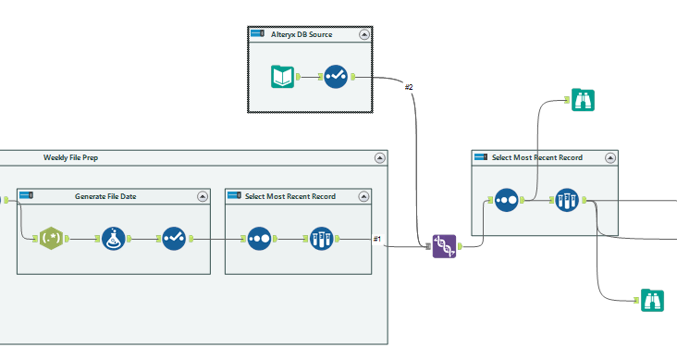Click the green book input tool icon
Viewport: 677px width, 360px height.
[283, 77]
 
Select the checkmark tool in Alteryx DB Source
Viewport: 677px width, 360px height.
[336, 77]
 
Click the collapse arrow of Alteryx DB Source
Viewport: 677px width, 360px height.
[364, 34]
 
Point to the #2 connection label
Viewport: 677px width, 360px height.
[408, 87]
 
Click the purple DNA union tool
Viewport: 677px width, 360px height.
[445, 246]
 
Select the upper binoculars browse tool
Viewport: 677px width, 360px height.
[583, 100]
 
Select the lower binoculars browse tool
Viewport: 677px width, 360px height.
[654, 299]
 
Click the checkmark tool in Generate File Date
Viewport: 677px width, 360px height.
[174, 239]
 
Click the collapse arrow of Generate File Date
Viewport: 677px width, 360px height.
[203, 196]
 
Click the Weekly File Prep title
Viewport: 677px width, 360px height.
[70, 157]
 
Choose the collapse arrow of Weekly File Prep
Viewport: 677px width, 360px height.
[379, 158]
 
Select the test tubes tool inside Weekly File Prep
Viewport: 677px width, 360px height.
[320, 239]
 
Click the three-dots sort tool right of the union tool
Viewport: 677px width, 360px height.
[506, 199]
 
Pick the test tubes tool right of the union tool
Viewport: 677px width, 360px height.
[566, 199]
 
